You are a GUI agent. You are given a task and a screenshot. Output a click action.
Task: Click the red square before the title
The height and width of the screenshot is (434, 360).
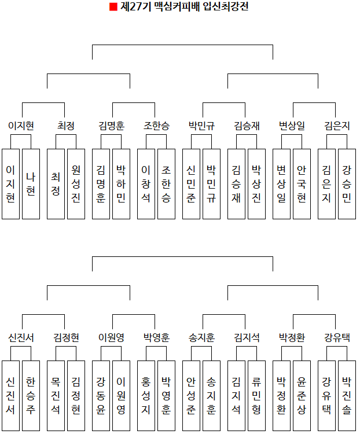coord(113,8)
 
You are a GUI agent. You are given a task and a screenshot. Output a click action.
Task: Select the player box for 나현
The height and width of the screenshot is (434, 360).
coord(31,183)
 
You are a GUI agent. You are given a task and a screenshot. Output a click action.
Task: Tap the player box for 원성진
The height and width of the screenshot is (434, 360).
coord(76,183)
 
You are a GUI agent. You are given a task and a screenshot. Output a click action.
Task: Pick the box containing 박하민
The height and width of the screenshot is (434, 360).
coord(121,183)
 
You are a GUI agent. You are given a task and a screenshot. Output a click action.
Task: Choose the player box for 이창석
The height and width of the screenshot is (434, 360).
coord(146,183)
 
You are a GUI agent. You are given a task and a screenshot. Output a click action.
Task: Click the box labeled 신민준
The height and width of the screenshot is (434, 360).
coord(191,183)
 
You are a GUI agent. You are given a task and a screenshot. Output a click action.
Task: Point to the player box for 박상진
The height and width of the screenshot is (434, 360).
coord(256,183)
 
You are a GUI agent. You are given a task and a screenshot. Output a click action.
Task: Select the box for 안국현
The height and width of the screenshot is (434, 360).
coord(302,183)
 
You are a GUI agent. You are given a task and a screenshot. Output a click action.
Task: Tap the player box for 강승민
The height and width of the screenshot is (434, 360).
coord(347,183)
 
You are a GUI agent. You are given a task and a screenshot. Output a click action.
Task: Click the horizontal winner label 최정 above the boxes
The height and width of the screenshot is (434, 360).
coord(66,126)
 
